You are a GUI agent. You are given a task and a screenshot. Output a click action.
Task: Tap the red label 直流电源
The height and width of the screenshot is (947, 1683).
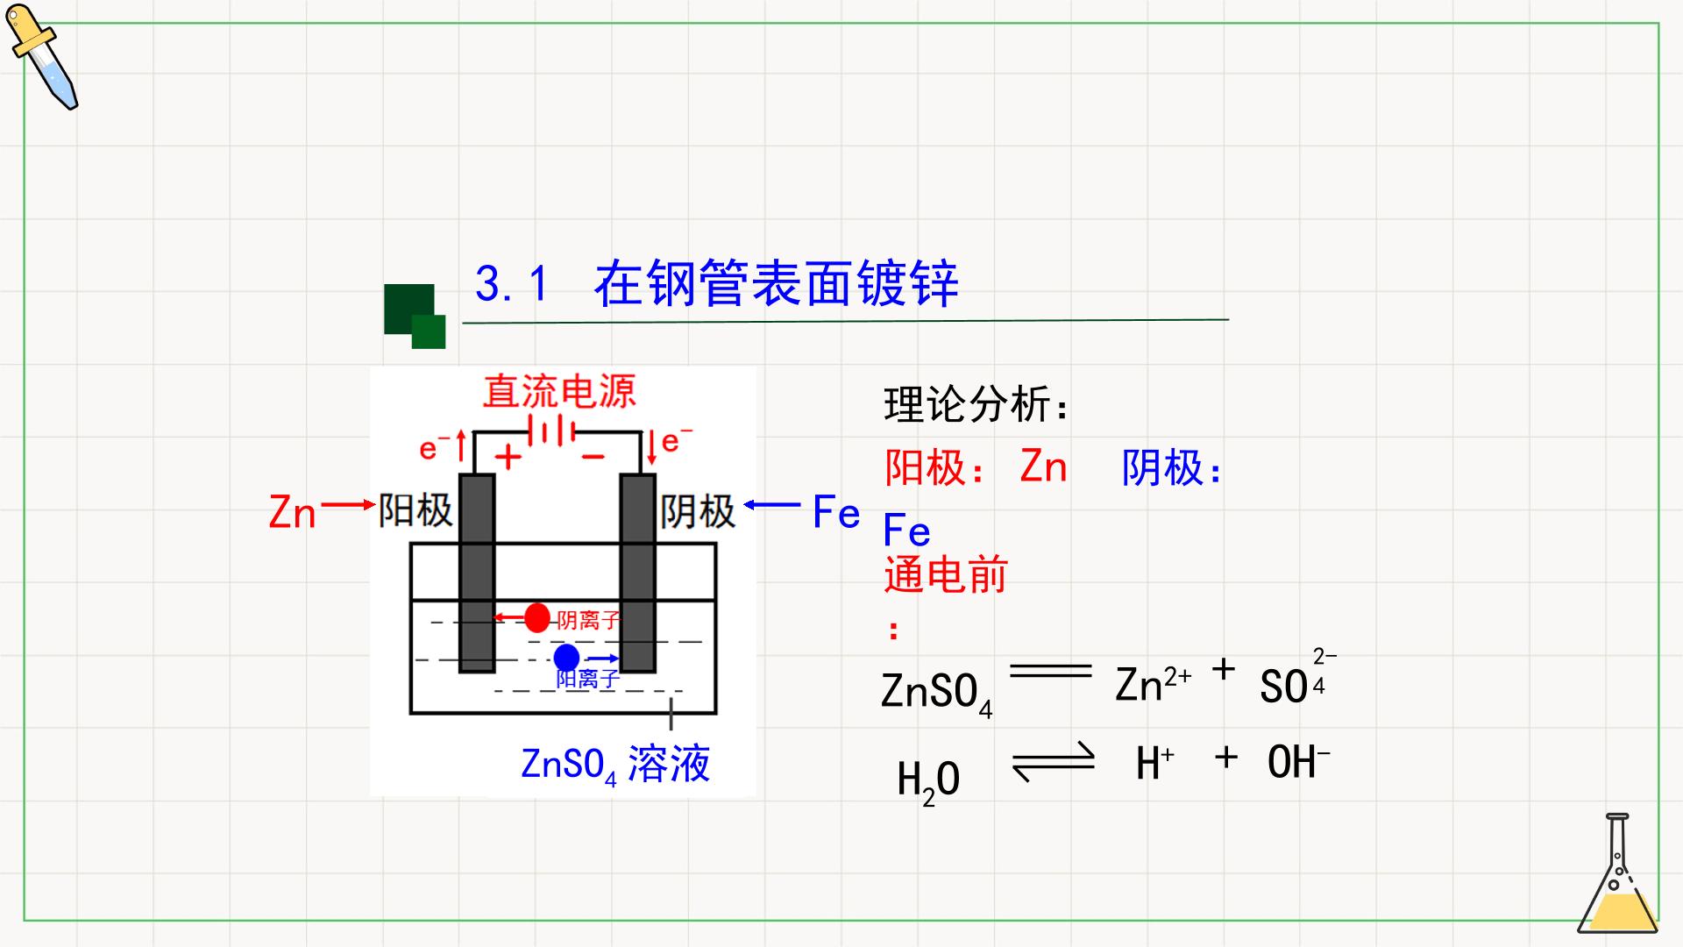coord(559,391)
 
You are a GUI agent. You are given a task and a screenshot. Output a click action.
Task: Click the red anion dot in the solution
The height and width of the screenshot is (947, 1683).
coord(537,617)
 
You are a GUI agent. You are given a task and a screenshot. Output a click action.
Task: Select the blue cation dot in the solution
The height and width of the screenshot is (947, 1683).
coord(566,657)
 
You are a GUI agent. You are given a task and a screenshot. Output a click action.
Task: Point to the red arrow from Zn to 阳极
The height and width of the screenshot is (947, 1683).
coord(348,505)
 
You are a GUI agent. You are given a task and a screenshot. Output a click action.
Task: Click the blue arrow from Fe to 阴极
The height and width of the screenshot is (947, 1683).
coord(772,504)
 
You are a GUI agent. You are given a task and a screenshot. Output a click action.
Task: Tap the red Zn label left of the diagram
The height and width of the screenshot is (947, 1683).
coord(292,512)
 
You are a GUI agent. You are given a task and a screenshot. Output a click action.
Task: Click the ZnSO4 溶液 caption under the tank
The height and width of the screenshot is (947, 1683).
coord(615,765)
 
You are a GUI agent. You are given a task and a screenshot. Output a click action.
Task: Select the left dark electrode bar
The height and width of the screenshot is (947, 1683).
coord(477,573)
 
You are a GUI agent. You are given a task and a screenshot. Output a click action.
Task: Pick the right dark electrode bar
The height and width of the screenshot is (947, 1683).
coord(638,573)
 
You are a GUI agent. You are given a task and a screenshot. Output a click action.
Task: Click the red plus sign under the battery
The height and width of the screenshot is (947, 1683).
coord(508,457)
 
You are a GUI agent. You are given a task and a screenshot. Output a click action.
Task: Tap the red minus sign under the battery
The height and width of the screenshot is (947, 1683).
coord(593,457)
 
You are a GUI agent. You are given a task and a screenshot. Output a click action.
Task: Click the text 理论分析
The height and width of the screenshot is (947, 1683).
coord(976,404)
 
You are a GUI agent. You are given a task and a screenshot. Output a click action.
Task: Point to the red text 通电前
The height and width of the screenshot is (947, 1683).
coord(946,575)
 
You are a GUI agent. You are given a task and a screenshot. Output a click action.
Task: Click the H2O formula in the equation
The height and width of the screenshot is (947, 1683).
coord(928,780)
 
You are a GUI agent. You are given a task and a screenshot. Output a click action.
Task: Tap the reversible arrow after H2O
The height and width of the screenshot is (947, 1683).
coord(1054,761)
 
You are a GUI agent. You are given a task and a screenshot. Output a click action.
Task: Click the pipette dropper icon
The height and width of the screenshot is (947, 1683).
coord(40,57)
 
